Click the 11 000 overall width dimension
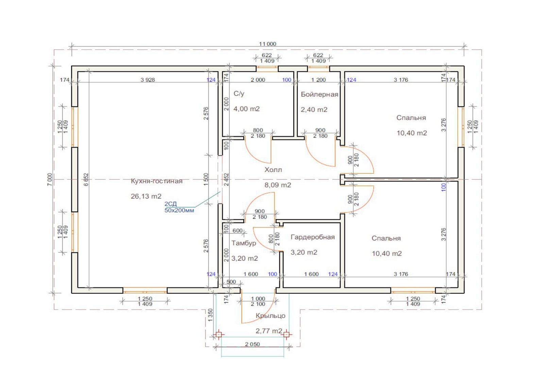click(267, 44)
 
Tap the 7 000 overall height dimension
click(50, 179)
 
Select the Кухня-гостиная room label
click(157, 181)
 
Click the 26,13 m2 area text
click(146, 196)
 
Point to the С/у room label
click(239, 94)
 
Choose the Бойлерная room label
click(320, 95)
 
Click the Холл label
click(273, 170)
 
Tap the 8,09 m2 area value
click(277, 185)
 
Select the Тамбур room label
click(243, 243)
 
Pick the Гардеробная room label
click(312, 237)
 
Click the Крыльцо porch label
click(271, 316)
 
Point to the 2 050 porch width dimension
click(252, 344)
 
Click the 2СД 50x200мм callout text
click(179, 207)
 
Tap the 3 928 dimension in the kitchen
click(148, 80)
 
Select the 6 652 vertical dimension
click(86, 180)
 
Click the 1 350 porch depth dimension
click(210, 315)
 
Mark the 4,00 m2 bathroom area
click(247, 109)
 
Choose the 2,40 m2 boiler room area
click(314, 110)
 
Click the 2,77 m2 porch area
click(269, 331)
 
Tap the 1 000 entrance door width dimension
click(258, 299)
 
